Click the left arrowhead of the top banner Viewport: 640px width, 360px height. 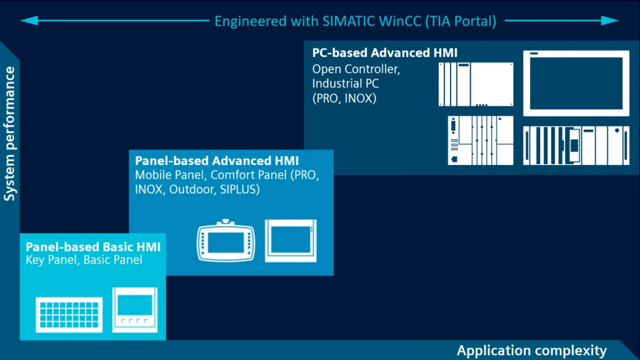[29, 21]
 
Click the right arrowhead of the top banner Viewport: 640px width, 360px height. [610, 21]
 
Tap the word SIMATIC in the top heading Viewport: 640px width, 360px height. [349, 21]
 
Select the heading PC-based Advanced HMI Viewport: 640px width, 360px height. [385, 52]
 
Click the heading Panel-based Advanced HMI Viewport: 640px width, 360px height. [217, 161]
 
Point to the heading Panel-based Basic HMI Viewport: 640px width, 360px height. [93, 246]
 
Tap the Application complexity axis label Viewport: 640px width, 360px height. [532, 351]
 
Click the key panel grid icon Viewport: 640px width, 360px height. [69, 315]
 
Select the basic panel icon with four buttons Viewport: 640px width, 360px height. [135, 310]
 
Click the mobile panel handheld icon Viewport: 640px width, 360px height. [226, 241]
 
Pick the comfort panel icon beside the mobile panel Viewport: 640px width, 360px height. [291, 241]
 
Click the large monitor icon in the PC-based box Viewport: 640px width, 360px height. [576, 83]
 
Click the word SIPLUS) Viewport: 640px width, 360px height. [239, 189]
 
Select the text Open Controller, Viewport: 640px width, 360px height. [356, 69]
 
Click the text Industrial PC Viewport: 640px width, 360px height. [345, 84]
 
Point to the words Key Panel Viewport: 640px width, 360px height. [51, 260]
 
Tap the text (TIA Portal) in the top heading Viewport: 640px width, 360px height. [461, 21]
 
